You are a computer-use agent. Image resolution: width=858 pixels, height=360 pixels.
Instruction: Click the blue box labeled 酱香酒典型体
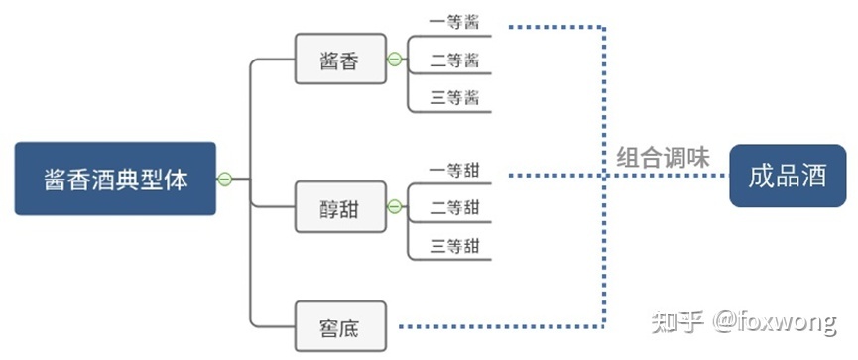tap(115, 179)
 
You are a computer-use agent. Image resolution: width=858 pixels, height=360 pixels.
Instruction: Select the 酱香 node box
tap(339, 60)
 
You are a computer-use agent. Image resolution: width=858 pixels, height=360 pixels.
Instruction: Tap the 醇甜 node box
tap(339, 207)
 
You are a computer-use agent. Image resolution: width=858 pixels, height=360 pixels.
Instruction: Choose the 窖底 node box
tap(339, 326)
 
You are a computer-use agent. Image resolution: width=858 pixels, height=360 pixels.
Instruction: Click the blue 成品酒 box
tap(788, 177)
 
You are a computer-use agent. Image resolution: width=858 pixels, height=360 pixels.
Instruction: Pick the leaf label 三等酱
tap(454, 98)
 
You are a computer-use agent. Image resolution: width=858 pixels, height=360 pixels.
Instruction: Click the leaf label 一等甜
tap(454, 169)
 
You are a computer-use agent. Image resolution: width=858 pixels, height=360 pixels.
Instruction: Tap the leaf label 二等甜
tap(454, 207)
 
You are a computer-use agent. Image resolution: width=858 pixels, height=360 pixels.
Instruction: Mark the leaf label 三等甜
tap(454, 246)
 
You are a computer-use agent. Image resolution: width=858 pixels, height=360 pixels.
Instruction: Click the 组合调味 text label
tap(664, 157)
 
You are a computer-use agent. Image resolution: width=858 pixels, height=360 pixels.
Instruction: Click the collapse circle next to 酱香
tap(395, 60)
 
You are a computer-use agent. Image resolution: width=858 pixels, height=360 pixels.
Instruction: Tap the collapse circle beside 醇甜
tap(395, 207)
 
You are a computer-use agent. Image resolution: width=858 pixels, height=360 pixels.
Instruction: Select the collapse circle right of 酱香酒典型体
tap(225, 179)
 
